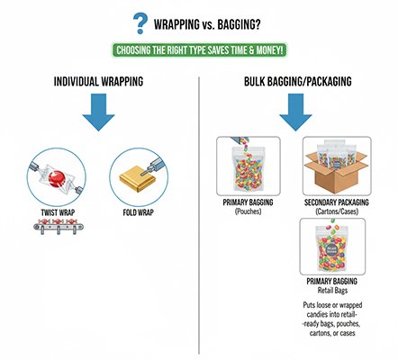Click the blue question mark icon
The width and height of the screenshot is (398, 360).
click(x=140, y=21)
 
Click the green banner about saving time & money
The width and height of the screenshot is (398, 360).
click(x=199, y=50)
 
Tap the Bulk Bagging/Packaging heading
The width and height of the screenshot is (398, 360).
click(x=296, y=83)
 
